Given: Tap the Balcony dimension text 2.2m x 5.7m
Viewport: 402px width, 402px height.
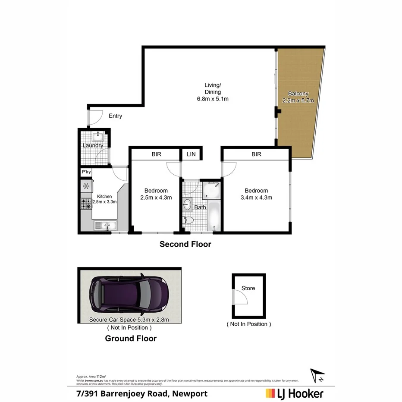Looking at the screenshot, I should tap(298, 100).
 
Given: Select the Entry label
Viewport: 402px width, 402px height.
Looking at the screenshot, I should tap(115, 116).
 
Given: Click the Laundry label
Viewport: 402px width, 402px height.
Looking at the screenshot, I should tap(93, 145).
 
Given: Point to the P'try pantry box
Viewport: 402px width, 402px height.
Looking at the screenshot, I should tap(86, 172).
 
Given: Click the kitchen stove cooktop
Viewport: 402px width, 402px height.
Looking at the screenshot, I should tap(86, 204).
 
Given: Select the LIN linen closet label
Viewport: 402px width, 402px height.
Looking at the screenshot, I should tap(190, 154).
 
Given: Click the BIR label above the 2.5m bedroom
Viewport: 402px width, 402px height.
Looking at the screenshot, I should tap(156, 154).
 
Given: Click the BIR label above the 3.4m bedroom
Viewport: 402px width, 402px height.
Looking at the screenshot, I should tap(256, 154).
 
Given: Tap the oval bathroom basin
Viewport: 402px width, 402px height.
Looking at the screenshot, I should tap(188, 204).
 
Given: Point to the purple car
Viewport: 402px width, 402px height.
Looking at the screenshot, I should tap(129, 295).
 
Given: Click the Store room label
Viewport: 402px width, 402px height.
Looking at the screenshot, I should tap(248, 288).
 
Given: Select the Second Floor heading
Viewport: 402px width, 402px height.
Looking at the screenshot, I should tap(185, 245).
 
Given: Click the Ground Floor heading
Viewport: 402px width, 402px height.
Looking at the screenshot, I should tap(131, 339).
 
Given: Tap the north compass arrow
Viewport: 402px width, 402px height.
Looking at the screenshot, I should tap(317, 374).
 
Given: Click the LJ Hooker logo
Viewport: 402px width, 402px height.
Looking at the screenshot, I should tap(294, 393).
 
